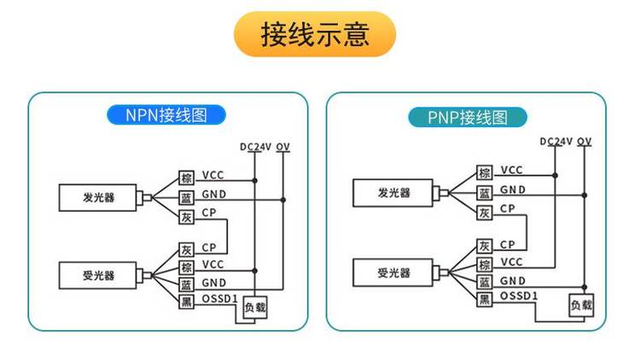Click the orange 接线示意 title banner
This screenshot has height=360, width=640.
[x=315, y=35]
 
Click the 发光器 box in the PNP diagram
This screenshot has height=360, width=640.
[x=394, y=193]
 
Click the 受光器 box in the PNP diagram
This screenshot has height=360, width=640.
[x=394, y=273]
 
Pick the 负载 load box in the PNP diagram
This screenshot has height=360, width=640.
[x=581, y=305]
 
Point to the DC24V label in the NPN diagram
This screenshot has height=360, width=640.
[x=255, y=147]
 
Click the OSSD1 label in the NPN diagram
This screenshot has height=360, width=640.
[x=219, y=299]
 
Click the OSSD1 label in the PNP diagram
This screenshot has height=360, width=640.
[x=518, y=296]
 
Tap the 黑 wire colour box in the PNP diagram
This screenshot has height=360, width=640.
[x=484, y=298]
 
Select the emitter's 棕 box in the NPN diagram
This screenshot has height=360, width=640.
[x=186, y=177]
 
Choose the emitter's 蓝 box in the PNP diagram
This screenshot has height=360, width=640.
[x=484, y=192]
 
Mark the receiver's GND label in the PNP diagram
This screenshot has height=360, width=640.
[x=512, y=280]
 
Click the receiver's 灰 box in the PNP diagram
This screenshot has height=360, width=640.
[x=484, y=246]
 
